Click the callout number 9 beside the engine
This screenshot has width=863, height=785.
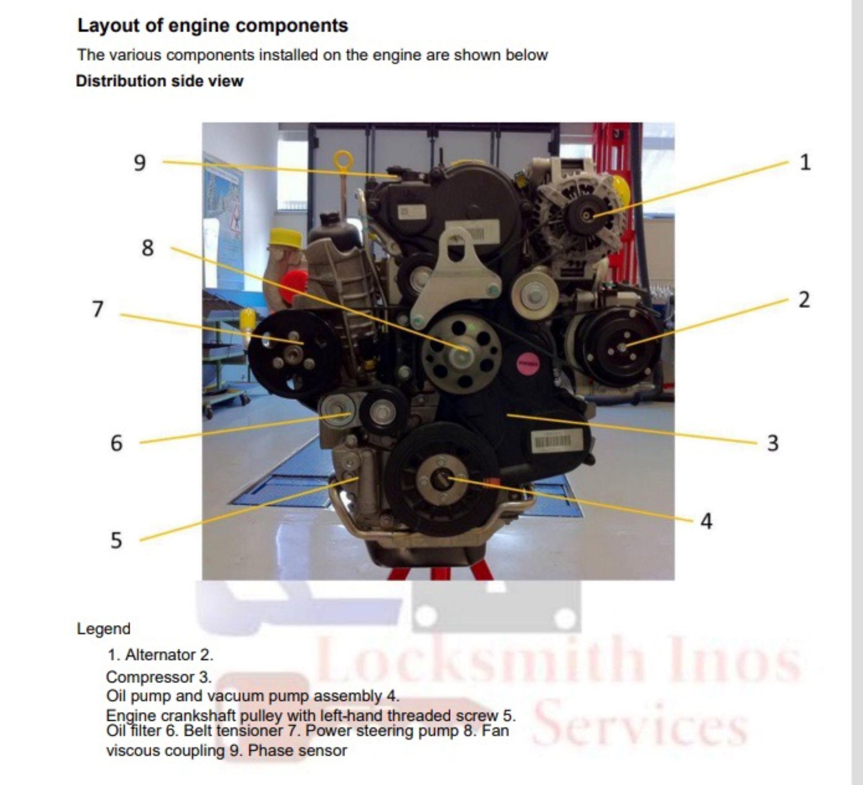pyautogui.click(x=140, y=163)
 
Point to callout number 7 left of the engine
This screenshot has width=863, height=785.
pyautogui.click(x=98, y=309)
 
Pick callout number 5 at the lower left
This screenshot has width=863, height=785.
pyautogui.click(x=116, y=541)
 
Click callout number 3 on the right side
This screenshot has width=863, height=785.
pyautogui.click(x=773, y=443)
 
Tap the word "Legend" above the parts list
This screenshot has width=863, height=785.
pyautogui.click(x=103, y=629)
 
